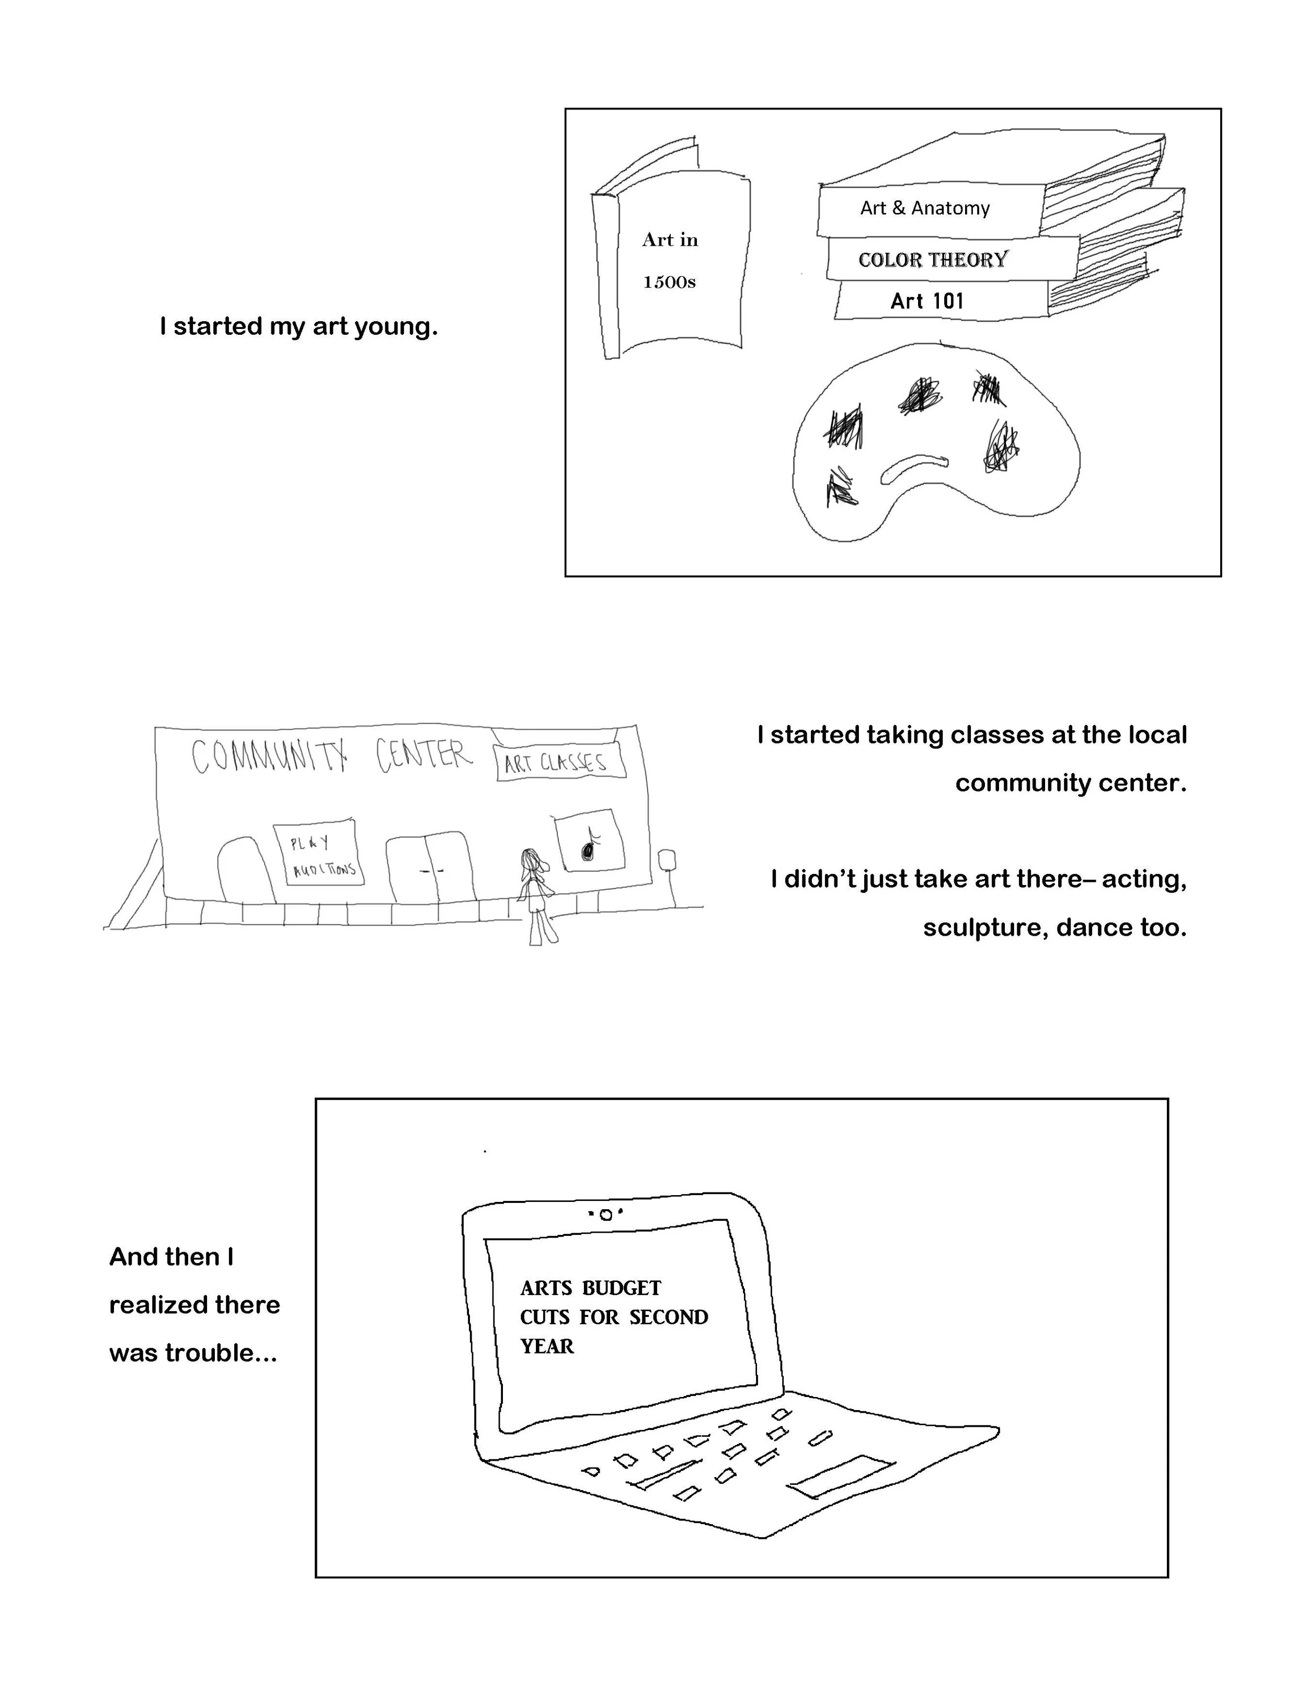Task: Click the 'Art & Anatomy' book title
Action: (x=924, y=208)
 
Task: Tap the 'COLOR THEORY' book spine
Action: (x=933, y=259)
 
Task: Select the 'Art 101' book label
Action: (x=927, y=301)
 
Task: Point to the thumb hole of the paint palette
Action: (x=914, y=467)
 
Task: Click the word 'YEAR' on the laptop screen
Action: (x=547, y=1346)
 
